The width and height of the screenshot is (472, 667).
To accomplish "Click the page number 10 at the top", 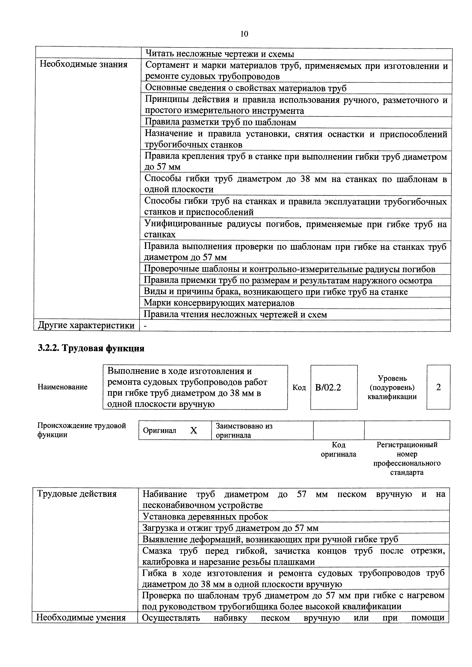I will coord(244,34).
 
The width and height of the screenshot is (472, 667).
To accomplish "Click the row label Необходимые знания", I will coord(84,64).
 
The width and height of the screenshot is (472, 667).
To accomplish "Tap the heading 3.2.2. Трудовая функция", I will coord(91,348).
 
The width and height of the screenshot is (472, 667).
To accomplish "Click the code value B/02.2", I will coord(328,387).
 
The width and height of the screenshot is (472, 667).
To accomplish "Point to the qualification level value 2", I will coord(439,387).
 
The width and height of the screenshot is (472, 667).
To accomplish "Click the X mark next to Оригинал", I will coord(194,430).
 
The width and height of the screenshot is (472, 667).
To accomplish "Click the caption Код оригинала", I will coord(339,449).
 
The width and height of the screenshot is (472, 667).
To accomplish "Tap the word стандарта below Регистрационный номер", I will coord(407,472).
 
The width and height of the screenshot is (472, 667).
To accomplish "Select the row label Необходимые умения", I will coord(81,618).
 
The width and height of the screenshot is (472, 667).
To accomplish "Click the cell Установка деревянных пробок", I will coord(205,517).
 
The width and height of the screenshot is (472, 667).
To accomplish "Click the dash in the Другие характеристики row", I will coord(145,326).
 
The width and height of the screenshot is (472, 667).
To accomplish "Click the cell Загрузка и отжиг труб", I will coord(230,528).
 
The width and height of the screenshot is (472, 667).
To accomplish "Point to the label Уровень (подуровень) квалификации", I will coord(392,387).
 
